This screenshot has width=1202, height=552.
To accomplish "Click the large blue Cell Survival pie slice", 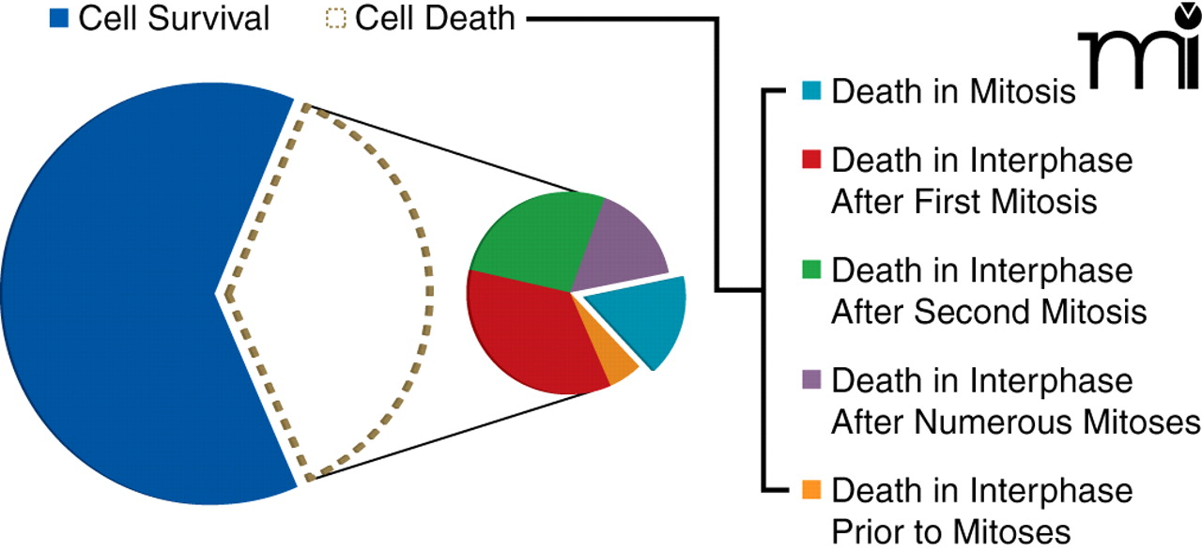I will (x=122, y=291).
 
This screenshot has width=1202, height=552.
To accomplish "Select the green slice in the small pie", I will (x=531, y=239).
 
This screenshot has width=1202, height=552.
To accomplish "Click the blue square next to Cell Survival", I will (x=60, y=18).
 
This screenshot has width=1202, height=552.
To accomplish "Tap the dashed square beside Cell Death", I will (x=335, y=18).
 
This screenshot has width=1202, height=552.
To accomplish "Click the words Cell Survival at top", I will (x=174, y=18).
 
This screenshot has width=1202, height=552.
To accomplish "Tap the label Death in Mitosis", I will (x=953, y=92).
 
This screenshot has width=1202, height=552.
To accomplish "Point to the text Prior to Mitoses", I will (x=950, y=531).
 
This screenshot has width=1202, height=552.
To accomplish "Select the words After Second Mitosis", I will (x=988, y=311).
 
